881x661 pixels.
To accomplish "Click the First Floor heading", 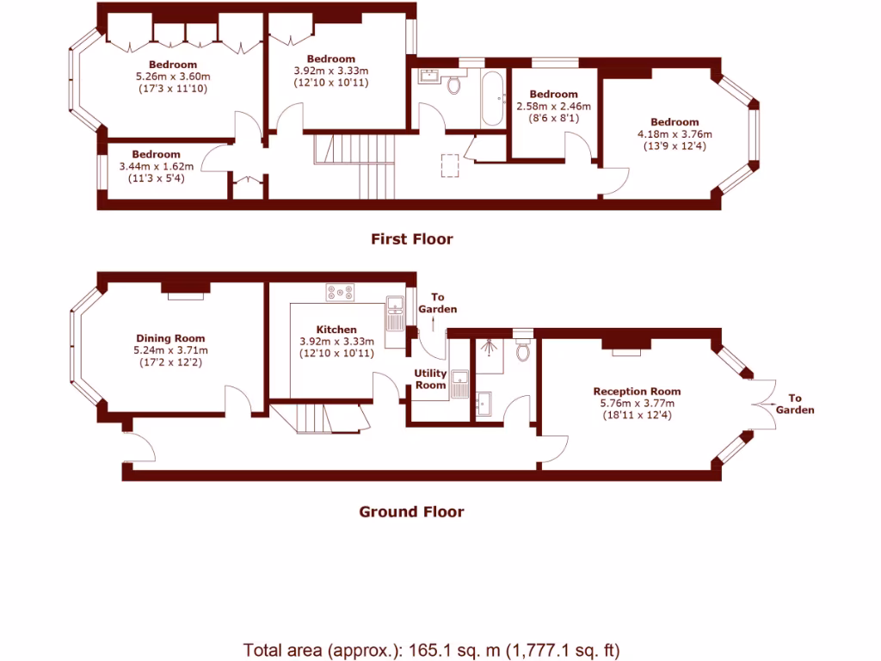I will pos(411,239).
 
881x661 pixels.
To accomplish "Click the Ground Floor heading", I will pos(411,512).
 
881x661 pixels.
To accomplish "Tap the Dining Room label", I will pos(170,338).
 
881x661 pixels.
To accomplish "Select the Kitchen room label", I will pos(336,330).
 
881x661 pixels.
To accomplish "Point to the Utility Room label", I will pos(430,379).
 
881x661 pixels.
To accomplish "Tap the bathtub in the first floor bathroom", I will pos(491,99).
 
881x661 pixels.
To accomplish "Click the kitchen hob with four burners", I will pos(341,293).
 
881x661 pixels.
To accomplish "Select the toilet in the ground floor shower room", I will pos(522,351).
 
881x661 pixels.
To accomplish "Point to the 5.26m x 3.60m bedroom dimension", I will pos(172,76).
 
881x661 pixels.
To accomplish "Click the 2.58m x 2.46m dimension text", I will pos(553,106).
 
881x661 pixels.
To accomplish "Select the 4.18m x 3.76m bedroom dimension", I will pos(675,133).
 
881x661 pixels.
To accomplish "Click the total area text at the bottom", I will pos(431,650).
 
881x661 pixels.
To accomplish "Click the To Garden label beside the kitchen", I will pos(437,303).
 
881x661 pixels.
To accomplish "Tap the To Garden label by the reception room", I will pos(794,404).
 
